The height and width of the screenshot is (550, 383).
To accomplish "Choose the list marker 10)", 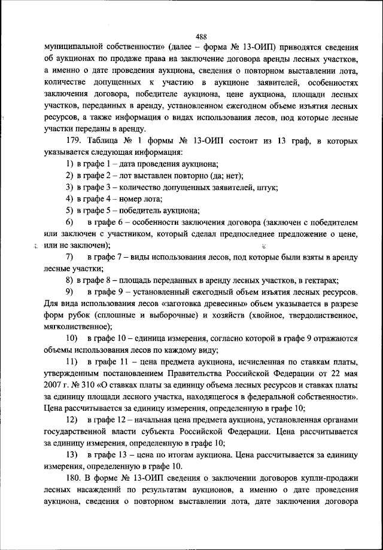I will [x=71, y=353].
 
